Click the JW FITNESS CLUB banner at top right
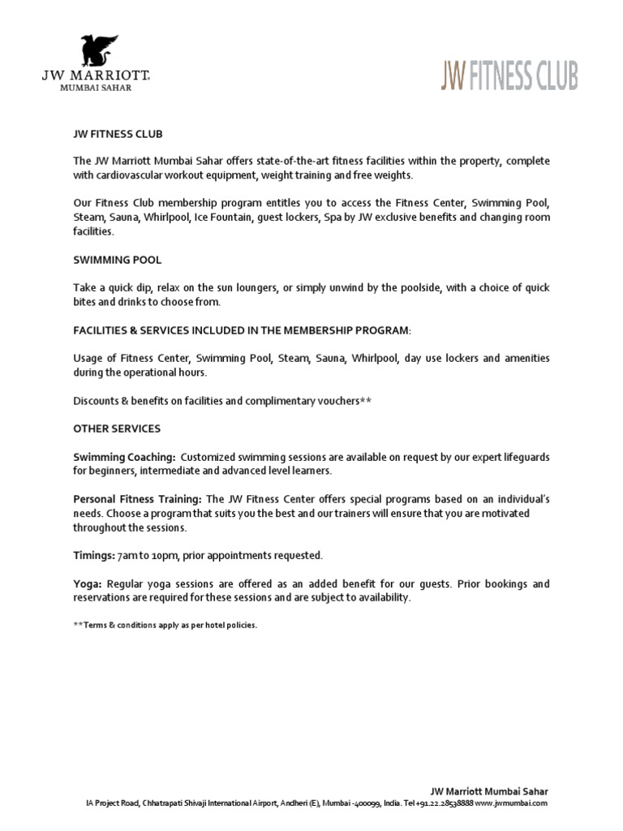coord(509,77)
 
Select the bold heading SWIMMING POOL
coord(117,260)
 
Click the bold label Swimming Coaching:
coord(124,458)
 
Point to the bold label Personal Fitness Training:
coord(138,498)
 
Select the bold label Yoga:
coord(87,584)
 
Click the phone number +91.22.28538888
coord(445,803)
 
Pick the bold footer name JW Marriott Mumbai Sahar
coord(489,790)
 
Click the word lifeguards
coord(525,458)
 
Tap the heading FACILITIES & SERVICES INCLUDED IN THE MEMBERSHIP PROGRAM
coord(242,330)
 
